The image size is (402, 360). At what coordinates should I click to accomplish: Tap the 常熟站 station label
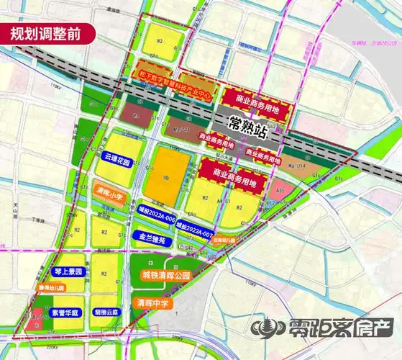click(247, 122)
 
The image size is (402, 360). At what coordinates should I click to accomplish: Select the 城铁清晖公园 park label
click(165, 275)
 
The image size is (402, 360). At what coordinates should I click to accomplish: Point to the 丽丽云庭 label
click(110, 313)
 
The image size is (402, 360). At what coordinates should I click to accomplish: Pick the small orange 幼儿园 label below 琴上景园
click(50, 288)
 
